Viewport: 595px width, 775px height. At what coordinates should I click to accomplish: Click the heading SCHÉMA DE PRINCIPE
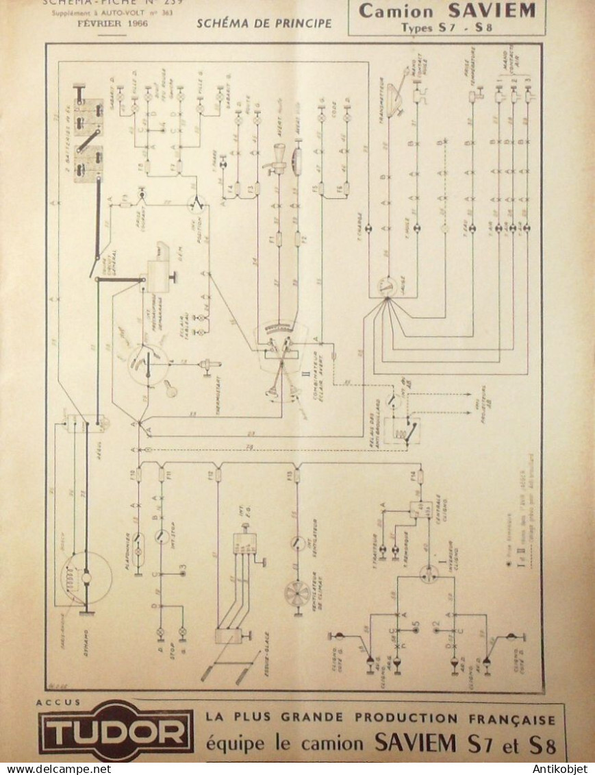coord(264,23)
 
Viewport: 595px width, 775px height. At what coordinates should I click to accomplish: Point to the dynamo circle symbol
coord(86,578)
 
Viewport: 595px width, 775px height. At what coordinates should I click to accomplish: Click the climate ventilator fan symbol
coord(297,593)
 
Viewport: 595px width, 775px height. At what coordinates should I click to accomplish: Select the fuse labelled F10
coord(138,474)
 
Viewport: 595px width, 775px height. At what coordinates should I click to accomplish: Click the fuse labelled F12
coord(218,474)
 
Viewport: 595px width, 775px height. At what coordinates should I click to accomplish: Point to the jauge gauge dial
coord(388,287)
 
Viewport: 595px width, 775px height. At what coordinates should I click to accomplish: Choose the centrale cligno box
coord(420,510)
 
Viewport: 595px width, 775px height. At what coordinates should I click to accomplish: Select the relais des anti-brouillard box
coord(402,430)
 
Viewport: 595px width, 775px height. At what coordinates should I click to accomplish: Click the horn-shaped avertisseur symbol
coord(277,157)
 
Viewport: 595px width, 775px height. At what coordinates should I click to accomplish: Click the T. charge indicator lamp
coord(368,227)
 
